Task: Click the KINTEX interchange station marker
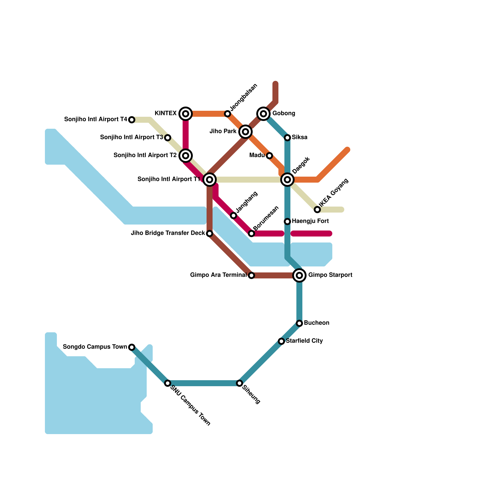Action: pyautogui.click(x=186, y=114)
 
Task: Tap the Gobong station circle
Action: pyautogui.click(x=263, y=114)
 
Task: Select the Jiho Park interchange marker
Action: pyautogui.click(x=245, y=132)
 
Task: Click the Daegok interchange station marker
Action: pyautogui.click(x=287, y=180)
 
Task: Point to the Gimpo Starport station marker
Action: pyautogui.click(x=299, y=275)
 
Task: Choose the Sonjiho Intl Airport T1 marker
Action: pyautogui.click(x=210, y=180)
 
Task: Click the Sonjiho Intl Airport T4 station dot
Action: pyautogui.click(x=132, y=120)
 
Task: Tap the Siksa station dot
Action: pyautogui.click(x=287, y=138)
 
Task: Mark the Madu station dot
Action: pyautogui.click(x=269, y=156)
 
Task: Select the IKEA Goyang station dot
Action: pyautogui.click(x=317, y=210)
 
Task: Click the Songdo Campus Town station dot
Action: pyautogui.click(x=132, y=347)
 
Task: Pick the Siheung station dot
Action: pyautogui.click(x=239, y=383)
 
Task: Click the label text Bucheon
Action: pyautogui.click(x=316, y=323)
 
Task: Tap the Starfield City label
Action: pyautogui.click(x=304, y=341)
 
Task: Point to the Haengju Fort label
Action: pyautogui.click(x=310, y=221)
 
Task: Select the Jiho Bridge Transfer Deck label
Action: pyautogui.click(x=168, y=233)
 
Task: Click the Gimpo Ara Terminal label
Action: pyautogui.click(x=218, y=275)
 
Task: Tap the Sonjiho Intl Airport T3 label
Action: pyautogui.click(x=131, y=137)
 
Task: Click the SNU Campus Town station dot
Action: pyautogui.click(x=168, y=383)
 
